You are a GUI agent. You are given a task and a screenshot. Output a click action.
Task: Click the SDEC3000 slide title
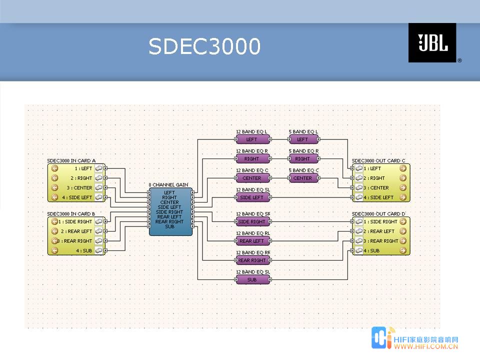[x=204, y=47]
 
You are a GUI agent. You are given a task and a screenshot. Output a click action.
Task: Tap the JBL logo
[x=432, y=43]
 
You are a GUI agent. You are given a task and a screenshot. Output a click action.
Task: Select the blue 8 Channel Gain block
[x=170, y=211]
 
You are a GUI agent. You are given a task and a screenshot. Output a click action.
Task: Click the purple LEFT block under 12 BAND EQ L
[x=251, y=139]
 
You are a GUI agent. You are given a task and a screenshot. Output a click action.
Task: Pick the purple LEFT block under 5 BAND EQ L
[x=303, y=139]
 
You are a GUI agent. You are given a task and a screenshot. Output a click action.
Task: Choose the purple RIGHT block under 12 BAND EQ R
[x=251, y=159]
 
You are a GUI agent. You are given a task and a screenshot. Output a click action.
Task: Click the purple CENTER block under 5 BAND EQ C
[x=303, y=178]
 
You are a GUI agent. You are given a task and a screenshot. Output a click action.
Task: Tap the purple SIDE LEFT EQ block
[x=251, y=197]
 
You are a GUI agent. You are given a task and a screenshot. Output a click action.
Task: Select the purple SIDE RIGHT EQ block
[x=251, y=221]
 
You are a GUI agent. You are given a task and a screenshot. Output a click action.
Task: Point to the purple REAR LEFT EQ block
[x=251, y=241]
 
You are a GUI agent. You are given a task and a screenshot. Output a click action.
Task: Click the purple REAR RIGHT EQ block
[x=251, y=260]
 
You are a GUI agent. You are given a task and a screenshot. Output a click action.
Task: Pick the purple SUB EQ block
[x=251, y=279]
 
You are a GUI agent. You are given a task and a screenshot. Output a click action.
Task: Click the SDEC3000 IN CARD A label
[x=71, y=161]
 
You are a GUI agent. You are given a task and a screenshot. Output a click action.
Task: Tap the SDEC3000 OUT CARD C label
[x=378, y=161]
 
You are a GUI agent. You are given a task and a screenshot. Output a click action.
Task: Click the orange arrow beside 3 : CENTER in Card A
[x=55, y=188]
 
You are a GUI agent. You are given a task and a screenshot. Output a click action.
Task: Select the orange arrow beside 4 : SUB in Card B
[x=55, y=250]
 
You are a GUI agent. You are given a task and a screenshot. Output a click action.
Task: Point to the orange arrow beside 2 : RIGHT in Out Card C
[x=403, y=178]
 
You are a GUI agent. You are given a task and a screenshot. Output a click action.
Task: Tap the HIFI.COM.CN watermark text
[x=426, y=345]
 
